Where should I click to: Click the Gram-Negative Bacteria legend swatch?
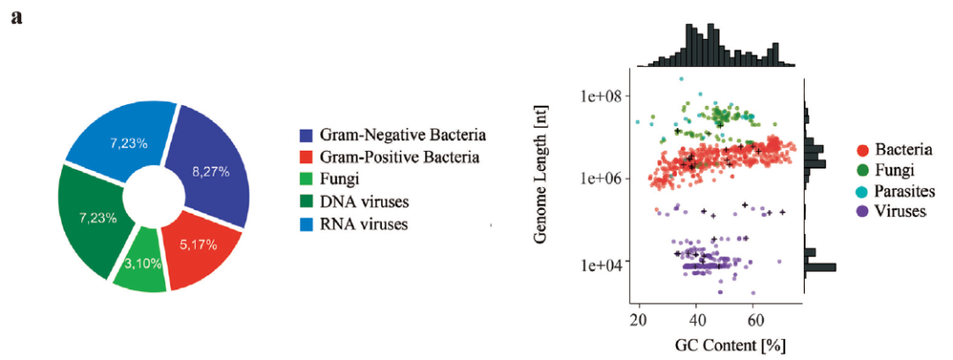coord(307,136)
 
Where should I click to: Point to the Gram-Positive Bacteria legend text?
coord(401,157)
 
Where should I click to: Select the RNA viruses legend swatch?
coord(307,223)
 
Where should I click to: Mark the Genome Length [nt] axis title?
coord(552,185)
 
